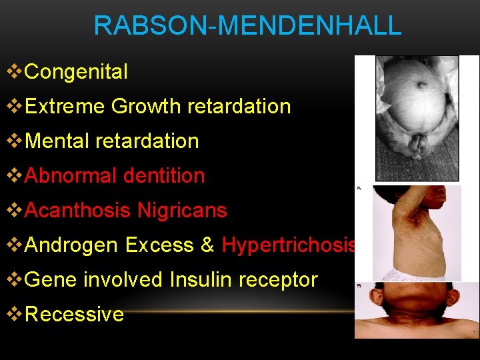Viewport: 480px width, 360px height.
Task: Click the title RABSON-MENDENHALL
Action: click(x=247, y=26)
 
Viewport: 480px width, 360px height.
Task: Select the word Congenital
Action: click(x=76, y=72)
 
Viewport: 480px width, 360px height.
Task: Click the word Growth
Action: click(x=147, y=107)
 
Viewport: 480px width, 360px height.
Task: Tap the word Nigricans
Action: click(x=182, y=211)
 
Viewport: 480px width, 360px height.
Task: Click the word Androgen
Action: click(x=71, y=245)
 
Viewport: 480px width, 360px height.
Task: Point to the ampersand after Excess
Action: click(x=207, y=245)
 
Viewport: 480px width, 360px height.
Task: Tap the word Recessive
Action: click(x=74, y=315)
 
